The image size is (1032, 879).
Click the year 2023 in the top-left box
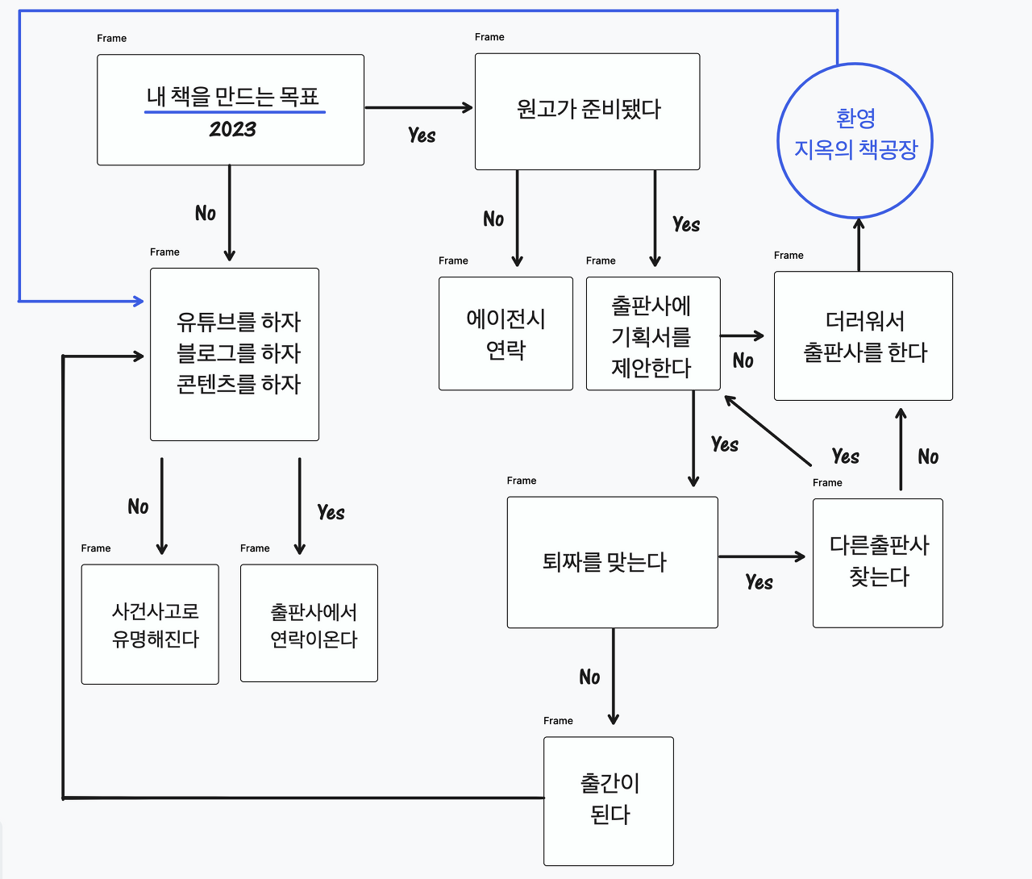233,129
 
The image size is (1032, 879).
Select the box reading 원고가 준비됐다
587,111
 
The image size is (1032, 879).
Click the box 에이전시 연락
506,334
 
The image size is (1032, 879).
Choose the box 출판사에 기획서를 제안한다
652,335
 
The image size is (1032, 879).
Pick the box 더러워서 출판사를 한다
863,336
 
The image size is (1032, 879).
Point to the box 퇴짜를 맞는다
612,562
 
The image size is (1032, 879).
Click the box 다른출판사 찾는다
877,563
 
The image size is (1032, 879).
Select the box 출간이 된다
609,801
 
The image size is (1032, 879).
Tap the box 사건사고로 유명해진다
150,624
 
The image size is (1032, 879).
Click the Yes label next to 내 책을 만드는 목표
422,135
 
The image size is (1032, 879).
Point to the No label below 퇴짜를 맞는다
589,677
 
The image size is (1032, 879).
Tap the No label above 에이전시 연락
493,219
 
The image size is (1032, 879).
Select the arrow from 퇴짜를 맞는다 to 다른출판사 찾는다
762,556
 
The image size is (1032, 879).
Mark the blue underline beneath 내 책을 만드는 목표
235,112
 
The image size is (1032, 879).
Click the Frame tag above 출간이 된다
558,721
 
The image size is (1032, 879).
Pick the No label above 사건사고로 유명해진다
138,506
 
